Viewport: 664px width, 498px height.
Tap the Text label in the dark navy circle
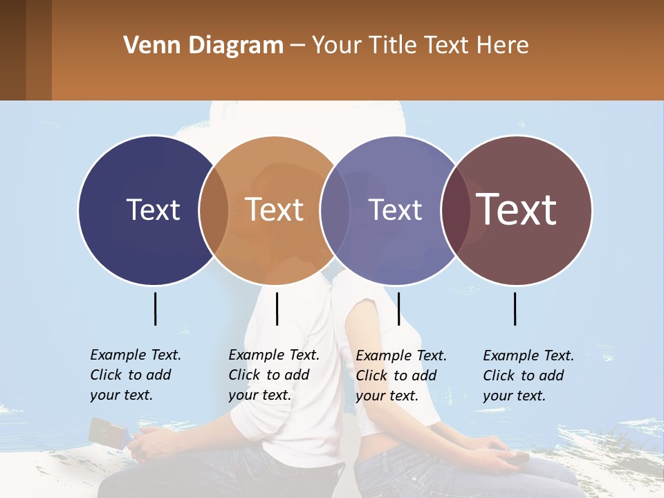tap(153, 210)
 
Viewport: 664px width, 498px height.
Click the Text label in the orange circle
tap(275, 210)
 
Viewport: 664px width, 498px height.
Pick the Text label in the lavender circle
tap(396, 210)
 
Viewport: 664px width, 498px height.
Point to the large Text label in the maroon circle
tap(517, 210)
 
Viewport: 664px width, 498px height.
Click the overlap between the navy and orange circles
tap(214, 210)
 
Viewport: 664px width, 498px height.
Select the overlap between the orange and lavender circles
tap(335, 210)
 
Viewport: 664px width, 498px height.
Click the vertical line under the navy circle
tap(155, 308)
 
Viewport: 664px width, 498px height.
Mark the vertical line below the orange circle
tap(277, 308)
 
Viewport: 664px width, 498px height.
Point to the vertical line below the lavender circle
tap(398, 308)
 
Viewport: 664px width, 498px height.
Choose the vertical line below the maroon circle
tap(515, 308)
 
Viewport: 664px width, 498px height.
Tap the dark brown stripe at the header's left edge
tap(12, 50)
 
